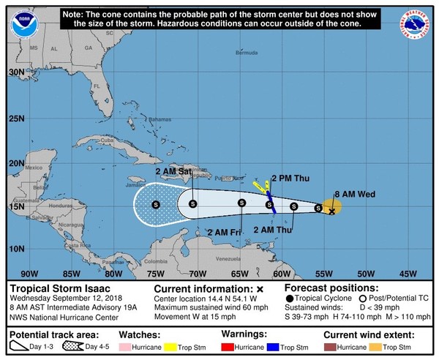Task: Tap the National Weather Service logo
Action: click(x=419, y=21)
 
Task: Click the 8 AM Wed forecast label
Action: click(x=351, y=194)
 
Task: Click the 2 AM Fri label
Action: click(x=225, y=232)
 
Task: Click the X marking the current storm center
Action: click(x=331, y=211)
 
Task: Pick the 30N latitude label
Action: click(x=17, y=72)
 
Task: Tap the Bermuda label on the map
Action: click(x=247, y=53)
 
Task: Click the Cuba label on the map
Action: click(x=108, y=140)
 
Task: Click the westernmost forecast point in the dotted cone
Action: click(x=156, y=204)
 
